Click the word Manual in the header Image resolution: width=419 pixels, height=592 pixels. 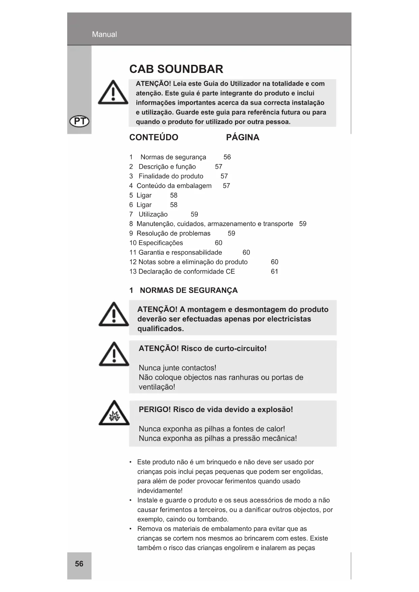tap(104, 34)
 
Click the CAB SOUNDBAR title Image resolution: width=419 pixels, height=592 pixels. tap(176, 69)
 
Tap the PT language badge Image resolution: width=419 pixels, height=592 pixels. tap(79, 121)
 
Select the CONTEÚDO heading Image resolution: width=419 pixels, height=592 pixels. tap(154, 137)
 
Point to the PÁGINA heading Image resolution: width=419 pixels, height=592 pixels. tap(242, 137)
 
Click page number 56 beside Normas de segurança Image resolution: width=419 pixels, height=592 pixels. tap(227, 157)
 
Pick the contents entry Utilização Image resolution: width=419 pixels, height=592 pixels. tap(153, 214)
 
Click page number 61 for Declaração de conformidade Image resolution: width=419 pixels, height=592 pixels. tap(274, 271)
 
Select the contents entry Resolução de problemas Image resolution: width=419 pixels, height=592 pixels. tap(173, 233)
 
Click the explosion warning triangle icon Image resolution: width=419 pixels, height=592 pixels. tap(114, 414)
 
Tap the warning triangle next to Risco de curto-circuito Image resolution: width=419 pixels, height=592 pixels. tap(114, 355)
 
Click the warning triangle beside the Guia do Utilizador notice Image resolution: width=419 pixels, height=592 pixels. tap(113, 93)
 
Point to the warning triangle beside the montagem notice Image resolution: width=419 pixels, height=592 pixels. tap(114, 315)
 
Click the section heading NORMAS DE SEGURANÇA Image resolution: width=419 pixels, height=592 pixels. tap(188, 290)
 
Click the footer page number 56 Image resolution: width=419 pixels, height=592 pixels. tap(79, 564)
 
